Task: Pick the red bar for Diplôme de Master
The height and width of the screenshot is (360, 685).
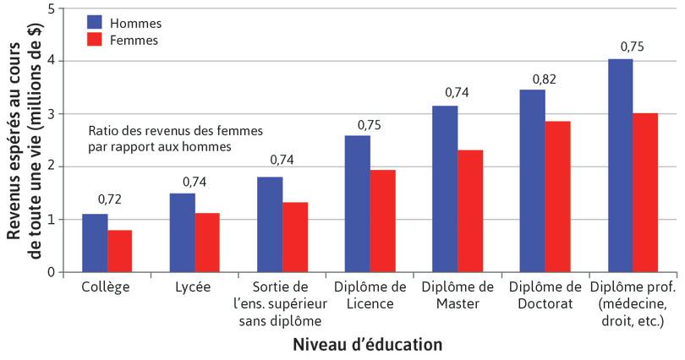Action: tap(470, 211)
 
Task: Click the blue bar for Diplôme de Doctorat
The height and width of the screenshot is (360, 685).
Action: tap(533, 181)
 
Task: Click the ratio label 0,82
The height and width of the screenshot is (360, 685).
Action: tap(545, 79)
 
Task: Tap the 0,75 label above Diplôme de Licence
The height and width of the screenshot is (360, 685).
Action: tap(370, 124)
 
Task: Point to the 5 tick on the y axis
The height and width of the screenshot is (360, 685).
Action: tap(52, 8)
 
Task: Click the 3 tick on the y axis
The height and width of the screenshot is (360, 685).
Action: tap(52, 114)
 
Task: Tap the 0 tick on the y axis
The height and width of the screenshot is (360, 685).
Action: tap(52, 273)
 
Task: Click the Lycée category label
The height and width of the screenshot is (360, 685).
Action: tap(194, 286)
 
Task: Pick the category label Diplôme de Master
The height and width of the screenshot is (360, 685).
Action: tap(457, 294)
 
